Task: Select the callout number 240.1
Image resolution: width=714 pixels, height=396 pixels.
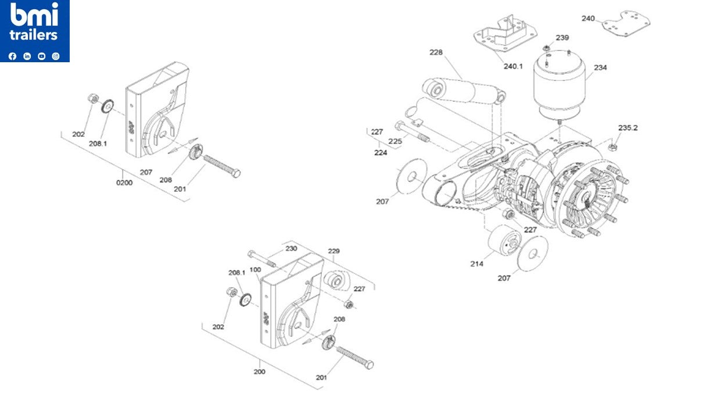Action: [513, 66]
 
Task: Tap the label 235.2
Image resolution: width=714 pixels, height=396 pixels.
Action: [627, 127]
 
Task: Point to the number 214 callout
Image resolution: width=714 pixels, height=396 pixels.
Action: [476, 263]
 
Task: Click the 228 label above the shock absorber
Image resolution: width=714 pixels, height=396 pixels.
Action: [436, 52]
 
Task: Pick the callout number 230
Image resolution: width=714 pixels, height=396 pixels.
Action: [291, 248]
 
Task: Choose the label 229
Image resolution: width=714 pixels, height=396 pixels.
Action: [333, 251]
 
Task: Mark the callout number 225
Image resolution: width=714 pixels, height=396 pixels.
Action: [395, 141]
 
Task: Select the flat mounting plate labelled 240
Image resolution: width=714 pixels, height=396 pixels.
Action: [625, 23]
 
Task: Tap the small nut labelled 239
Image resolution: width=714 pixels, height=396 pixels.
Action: [547, 48]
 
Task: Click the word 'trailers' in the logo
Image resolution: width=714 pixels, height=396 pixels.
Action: [34, 35]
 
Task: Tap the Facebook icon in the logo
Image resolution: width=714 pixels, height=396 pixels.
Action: [13, 56]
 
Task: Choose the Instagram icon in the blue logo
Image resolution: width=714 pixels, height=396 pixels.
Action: [56, 56]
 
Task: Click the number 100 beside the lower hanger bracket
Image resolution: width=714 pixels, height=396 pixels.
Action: [255, 270]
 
